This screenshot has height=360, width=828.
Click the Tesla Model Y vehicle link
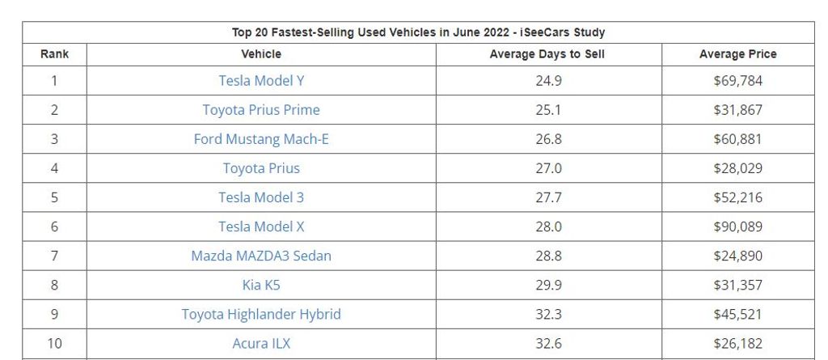(x=261, y=81)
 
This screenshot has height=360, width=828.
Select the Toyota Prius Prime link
(x=261, y=110)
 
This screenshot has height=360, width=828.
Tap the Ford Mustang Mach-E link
(x=261, y=139)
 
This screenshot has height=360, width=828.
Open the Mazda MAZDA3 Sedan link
(x=261, y=256)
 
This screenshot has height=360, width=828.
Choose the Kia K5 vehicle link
(x=261, y=285)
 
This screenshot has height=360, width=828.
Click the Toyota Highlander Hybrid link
(x=261, y=314)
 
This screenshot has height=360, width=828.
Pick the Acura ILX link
(x=261, y=343)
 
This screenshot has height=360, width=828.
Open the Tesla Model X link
(x=261, y=227)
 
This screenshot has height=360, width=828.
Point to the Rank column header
(x=54, y=54)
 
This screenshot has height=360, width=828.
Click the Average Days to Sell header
(x=547, y=54)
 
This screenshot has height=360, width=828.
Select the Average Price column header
(x=737, y=54)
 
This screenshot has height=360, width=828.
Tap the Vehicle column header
(x=261, y=54)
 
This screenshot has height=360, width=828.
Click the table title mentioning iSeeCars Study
(x=418, y=32)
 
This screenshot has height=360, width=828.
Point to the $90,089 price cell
(x=737, y=227)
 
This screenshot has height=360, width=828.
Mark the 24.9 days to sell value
(x=548, y=81)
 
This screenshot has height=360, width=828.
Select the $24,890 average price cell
(x=737, y=256)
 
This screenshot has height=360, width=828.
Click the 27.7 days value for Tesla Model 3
(x=548, y=197)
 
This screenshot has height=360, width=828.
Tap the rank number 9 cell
(x=54, y=314)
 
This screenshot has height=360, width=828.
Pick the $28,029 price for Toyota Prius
(x=737, y=168)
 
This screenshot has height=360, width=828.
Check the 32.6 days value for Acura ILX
(x=548, y=343)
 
